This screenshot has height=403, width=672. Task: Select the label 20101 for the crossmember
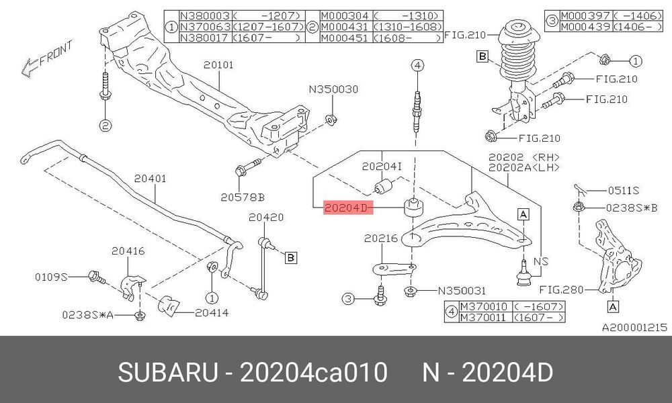[218, 64]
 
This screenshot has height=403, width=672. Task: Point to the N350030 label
[333, 89]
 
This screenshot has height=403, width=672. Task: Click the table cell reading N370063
[205, 27]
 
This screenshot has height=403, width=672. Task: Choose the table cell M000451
[345, 38]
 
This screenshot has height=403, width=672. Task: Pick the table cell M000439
[585, 27]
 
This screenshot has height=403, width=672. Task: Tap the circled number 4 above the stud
[417, 66]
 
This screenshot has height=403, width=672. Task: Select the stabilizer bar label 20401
[150, 179]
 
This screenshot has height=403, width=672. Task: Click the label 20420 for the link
[266, 218]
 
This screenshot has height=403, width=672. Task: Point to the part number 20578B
[243, 197]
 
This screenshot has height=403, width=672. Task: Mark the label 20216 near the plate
[381, 238]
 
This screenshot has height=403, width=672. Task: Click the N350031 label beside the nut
[462, 291]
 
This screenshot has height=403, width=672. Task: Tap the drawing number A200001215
[635, 328]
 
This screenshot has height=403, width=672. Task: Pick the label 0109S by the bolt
[52, 277]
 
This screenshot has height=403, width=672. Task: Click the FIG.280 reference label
[561, 290]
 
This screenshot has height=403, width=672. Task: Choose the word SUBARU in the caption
[168, 372]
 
